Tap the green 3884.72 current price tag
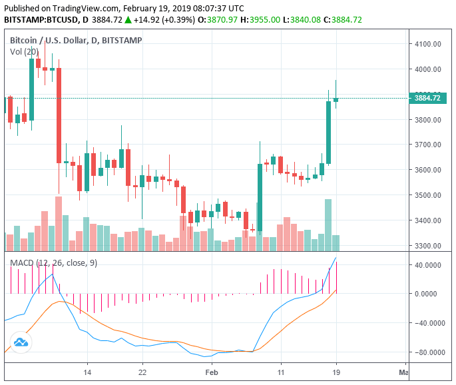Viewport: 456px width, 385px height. click(428, 98)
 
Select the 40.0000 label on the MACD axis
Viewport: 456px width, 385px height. click(429, 265)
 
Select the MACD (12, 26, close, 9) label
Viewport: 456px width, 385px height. click(53, 263)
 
